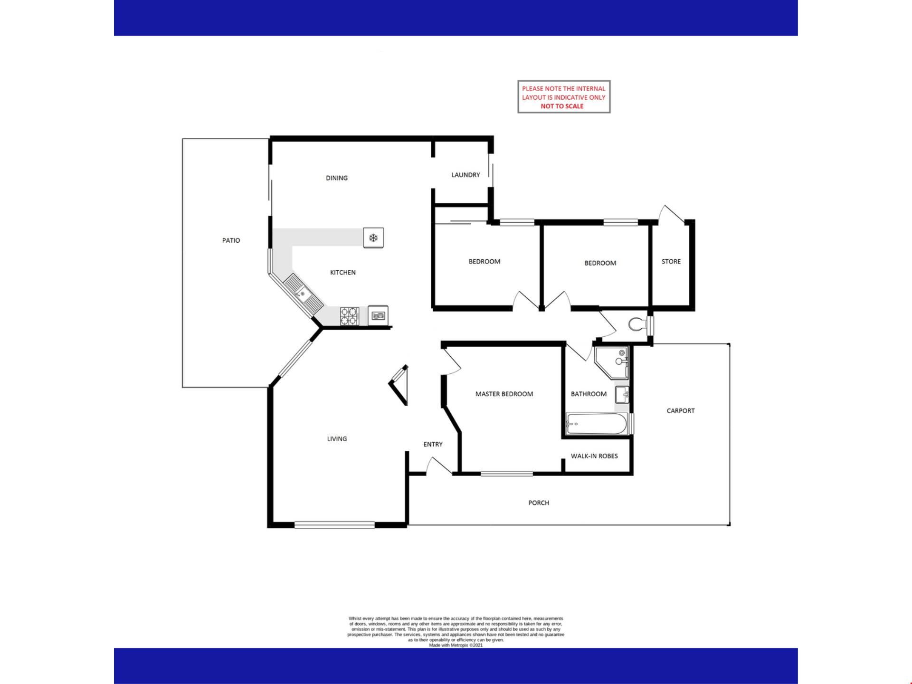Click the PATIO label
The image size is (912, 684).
click(231, 240)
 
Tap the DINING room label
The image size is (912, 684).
click(337, 178)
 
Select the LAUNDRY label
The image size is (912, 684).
click(465, 175)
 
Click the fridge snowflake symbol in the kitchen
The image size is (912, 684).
click(373, 237)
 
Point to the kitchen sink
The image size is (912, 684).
click(303, 294)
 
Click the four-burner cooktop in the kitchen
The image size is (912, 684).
click(349, 316)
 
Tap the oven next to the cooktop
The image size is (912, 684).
click(378, 315)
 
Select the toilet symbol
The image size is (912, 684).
click(637, 325)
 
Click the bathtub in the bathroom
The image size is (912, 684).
click(597, 424)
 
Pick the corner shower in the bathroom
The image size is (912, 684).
click(612, 362)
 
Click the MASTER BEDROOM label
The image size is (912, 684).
click(504, 394)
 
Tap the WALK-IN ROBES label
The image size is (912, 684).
click(594, 456)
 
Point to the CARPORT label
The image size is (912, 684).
click(681, 411)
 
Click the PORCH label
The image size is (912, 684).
click(539, 503)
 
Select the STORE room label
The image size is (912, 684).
click(671, 262)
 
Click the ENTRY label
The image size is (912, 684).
click(433, 445)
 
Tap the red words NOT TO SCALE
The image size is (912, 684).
click(562, 106)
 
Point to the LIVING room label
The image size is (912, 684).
click(337, 439)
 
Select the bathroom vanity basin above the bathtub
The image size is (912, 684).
click(622, 394)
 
